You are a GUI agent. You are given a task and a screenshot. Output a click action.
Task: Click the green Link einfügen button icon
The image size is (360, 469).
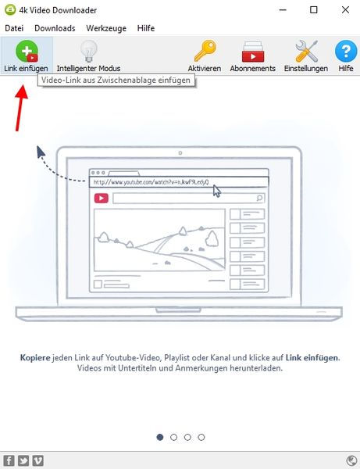[x=27, y=52]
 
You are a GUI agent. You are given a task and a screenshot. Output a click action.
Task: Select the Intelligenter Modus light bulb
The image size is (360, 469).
[x=89, y=51]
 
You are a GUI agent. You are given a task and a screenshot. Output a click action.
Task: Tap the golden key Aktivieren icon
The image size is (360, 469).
[x=205, y=51]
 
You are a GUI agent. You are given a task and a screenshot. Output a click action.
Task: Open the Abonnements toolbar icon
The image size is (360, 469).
[x=253, y=52]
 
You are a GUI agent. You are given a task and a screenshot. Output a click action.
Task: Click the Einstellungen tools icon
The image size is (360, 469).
[x=306, y=51]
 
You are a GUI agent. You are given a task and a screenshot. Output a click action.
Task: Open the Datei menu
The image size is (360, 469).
[x=14, y=28]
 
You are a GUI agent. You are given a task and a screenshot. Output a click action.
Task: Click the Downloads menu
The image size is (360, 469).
[x=55, y=28]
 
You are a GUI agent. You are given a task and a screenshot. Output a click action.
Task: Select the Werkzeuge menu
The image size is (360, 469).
[x=106, y=28]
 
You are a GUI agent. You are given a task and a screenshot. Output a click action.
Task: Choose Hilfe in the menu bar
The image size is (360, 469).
[x=146, y=28]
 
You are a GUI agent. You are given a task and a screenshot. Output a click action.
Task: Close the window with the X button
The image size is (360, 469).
[x=345, y=10]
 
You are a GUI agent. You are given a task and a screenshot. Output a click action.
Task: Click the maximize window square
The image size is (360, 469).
[x=314, y=10]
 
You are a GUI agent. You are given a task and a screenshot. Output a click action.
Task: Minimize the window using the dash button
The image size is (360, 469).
[x=283, y=10]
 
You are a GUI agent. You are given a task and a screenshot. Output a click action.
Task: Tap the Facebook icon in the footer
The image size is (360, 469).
[x=9, y=460]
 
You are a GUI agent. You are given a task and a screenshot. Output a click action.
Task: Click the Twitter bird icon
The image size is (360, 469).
[x=23, y=460]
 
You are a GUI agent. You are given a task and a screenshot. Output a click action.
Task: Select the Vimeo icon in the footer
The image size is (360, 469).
[x=38, y=460]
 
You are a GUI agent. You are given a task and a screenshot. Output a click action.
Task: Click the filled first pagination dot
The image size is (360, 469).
[x=160, y=437]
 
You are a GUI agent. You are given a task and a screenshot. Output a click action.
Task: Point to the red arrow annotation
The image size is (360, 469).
[x=21, y=108]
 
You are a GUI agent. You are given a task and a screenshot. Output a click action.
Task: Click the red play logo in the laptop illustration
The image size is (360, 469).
[x=102, y=198]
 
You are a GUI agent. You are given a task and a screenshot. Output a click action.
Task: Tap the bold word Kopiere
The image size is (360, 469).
[x=35, y=358]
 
